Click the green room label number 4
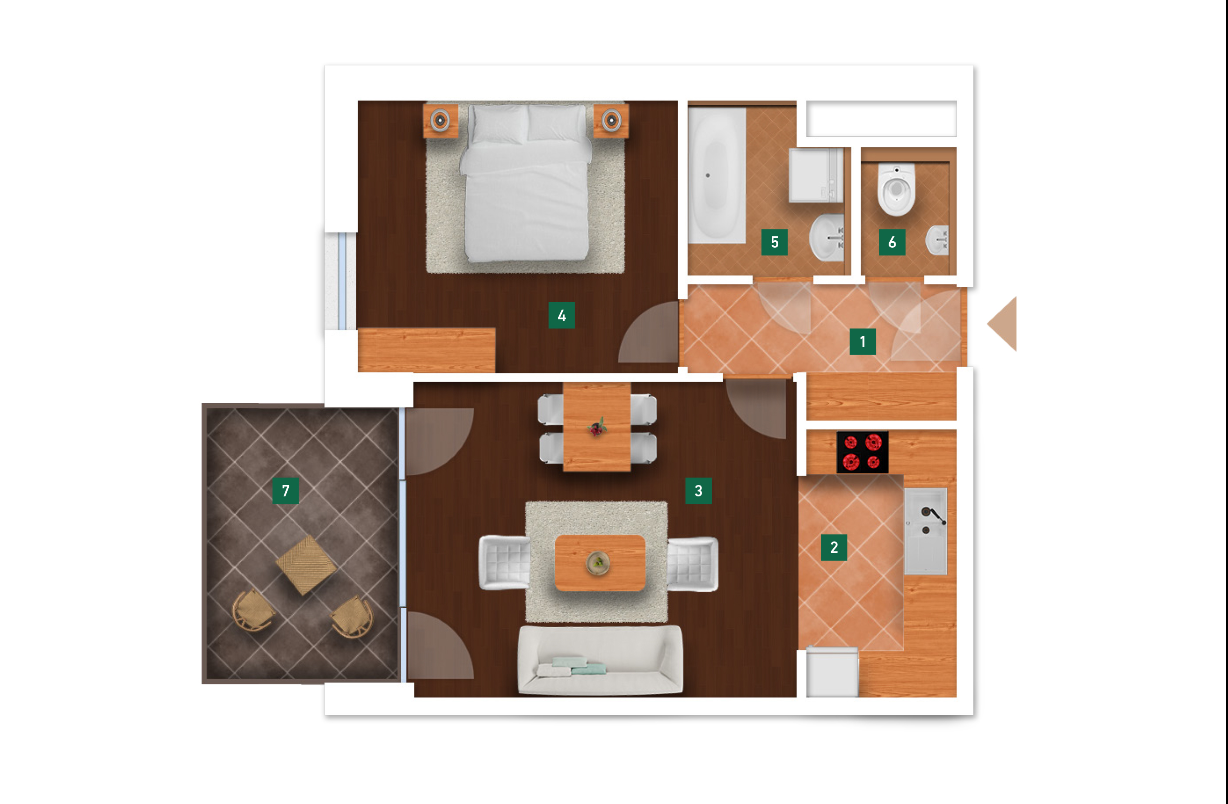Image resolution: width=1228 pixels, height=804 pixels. coord(561,315)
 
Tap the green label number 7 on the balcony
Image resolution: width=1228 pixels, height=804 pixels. coord(285,490)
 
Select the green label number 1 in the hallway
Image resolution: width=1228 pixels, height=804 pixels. coord(863,341)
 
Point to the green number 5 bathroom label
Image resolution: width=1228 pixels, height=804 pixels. coord(774,242)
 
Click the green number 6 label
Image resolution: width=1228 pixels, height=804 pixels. coord(892,242)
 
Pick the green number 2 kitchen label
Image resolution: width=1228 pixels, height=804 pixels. coord(834,547)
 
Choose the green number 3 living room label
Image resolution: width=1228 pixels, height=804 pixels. coord(698,490)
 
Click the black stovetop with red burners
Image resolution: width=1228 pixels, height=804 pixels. coord(862,453)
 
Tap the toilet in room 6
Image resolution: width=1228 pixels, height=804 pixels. coord(897,189)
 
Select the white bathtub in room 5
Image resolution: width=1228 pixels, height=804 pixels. coord(717,175)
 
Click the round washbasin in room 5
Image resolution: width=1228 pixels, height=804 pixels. coord(826,238)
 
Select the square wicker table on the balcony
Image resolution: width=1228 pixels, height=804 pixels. coord(306,565)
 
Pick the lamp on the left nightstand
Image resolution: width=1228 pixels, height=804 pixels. coord(440,120)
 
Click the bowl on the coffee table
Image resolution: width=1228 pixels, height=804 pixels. coord(598,562)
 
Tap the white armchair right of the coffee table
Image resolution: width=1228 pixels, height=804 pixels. coord(693,564)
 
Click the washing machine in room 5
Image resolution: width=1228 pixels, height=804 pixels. coord(816,175)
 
